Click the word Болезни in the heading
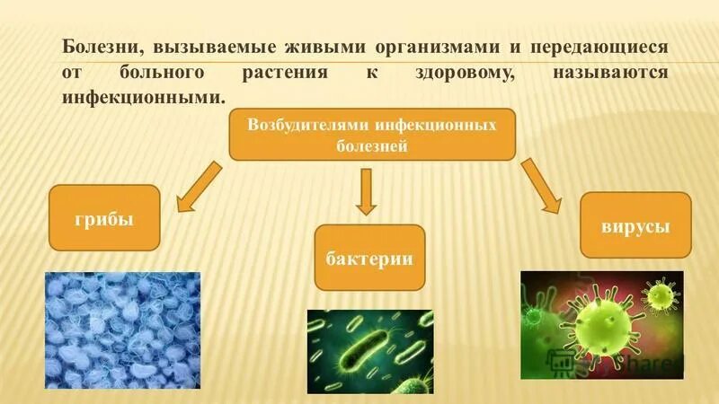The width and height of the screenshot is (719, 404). coord(100,47)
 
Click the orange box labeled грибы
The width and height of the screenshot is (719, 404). coord(104,217)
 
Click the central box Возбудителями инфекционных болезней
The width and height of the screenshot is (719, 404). coord(371,135)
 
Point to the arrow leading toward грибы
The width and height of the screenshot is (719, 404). coord(199,186)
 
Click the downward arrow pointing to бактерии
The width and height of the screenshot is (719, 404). coord(365,191)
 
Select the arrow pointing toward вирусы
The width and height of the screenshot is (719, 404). coord(542,187)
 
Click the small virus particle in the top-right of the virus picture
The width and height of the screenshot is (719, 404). coord(661,294)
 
